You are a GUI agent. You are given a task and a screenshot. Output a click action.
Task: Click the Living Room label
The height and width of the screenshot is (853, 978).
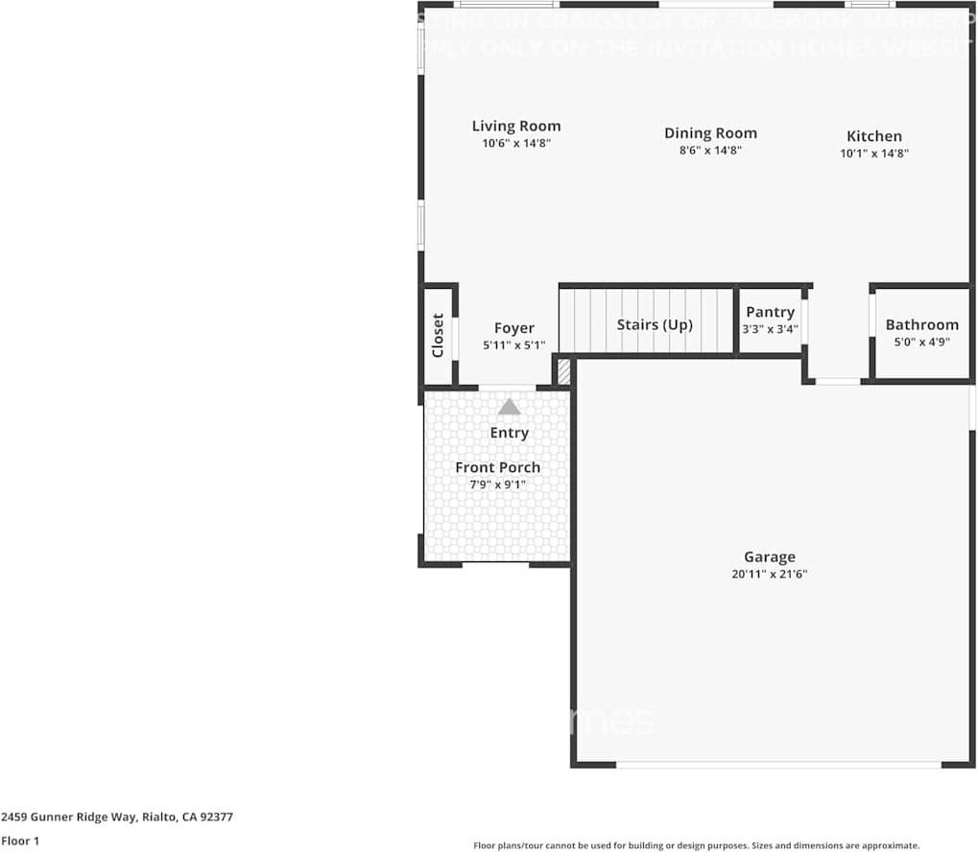[516, 126]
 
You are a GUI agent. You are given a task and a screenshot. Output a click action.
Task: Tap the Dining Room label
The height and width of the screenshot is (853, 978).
[710, 133]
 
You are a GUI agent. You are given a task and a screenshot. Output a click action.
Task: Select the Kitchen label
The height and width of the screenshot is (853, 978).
[873, 136]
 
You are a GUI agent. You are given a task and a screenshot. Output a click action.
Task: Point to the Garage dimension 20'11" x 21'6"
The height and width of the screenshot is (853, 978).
[770, 575]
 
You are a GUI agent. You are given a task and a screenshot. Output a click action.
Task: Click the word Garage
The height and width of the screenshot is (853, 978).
[770, 557]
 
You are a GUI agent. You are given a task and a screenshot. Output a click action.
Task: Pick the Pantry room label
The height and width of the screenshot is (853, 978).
[770, 312]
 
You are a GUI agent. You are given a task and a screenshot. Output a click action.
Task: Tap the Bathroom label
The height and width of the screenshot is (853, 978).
[921, 324]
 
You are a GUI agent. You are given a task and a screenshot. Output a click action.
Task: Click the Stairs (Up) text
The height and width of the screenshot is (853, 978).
[655, 324]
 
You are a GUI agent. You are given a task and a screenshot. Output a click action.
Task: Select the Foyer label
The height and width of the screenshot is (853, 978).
[513, 328]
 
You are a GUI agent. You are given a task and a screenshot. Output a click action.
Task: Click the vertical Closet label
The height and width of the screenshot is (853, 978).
[438, 336]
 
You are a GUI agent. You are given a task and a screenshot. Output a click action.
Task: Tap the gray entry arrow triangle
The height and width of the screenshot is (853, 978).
[509, 407]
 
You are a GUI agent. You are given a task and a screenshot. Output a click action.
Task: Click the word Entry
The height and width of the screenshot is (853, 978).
[509, 433]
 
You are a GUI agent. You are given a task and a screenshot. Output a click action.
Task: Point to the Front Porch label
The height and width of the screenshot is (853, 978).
[497, 467]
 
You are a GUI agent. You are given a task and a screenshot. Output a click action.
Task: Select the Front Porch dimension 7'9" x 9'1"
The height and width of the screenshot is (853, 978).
[497, 485]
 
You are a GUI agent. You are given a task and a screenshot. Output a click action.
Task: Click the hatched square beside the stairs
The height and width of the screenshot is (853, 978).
[564, 371]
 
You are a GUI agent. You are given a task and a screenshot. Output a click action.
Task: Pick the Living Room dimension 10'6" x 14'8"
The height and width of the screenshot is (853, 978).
[516, 143]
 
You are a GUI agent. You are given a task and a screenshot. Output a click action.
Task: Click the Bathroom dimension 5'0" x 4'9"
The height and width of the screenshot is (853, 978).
[921, 342]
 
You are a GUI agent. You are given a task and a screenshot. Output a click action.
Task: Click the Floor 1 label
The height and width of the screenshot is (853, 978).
[20, 841]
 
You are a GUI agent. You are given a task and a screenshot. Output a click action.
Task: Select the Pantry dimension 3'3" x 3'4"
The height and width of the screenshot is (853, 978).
[770, 329]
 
